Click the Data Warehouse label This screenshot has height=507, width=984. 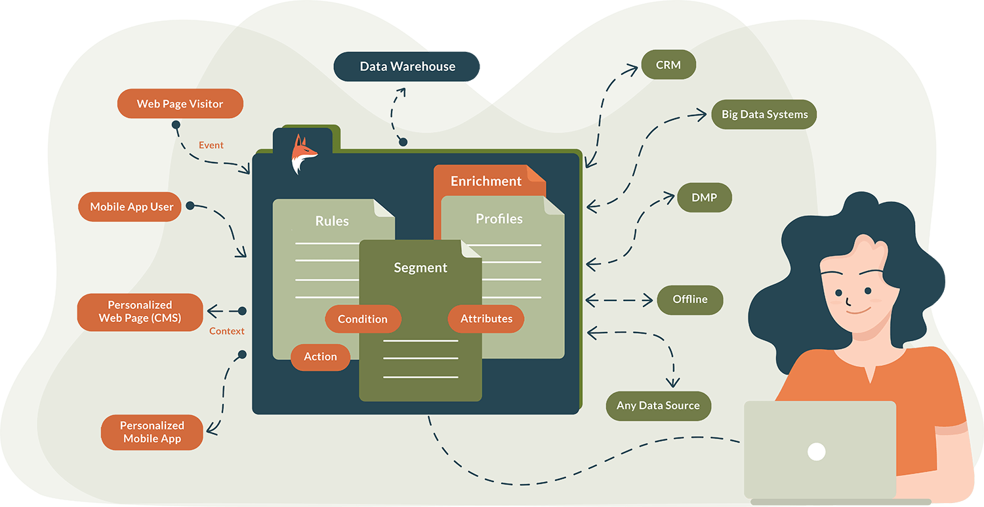tap(407, 67)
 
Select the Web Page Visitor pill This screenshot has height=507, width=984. tap(180, 104)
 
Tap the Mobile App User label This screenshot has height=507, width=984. tap(131, 207)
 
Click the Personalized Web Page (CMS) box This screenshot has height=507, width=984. tap(140, 312)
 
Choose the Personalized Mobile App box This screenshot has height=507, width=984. tap(152, 432)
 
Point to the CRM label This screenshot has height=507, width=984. tap(668, 66)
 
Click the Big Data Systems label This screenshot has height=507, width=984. tap(764, 115)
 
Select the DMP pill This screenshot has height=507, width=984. tap(704, 197)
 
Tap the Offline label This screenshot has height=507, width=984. tap(690, 300)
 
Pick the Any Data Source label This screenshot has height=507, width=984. tap(658, 405)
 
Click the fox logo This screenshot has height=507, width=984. tap(303, 154)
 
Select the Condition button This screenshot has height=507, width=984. tap(363, 319)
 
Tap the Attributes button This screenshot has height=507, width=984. tap(486, 319)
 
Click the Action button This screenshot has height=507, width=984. tap(320, 357)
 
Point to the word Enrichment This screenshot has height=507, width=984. tap(486, 182)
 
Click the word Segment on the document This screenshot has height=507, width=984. tap(420, 268)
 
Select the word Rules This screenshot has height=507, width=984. tap(332, 221)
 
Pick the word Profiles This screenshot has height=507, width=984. tap(499, 219)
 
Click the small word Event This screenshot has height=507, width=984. tap(211, 145)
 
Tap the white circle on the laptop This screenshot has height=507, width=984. tap(816, 451)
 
